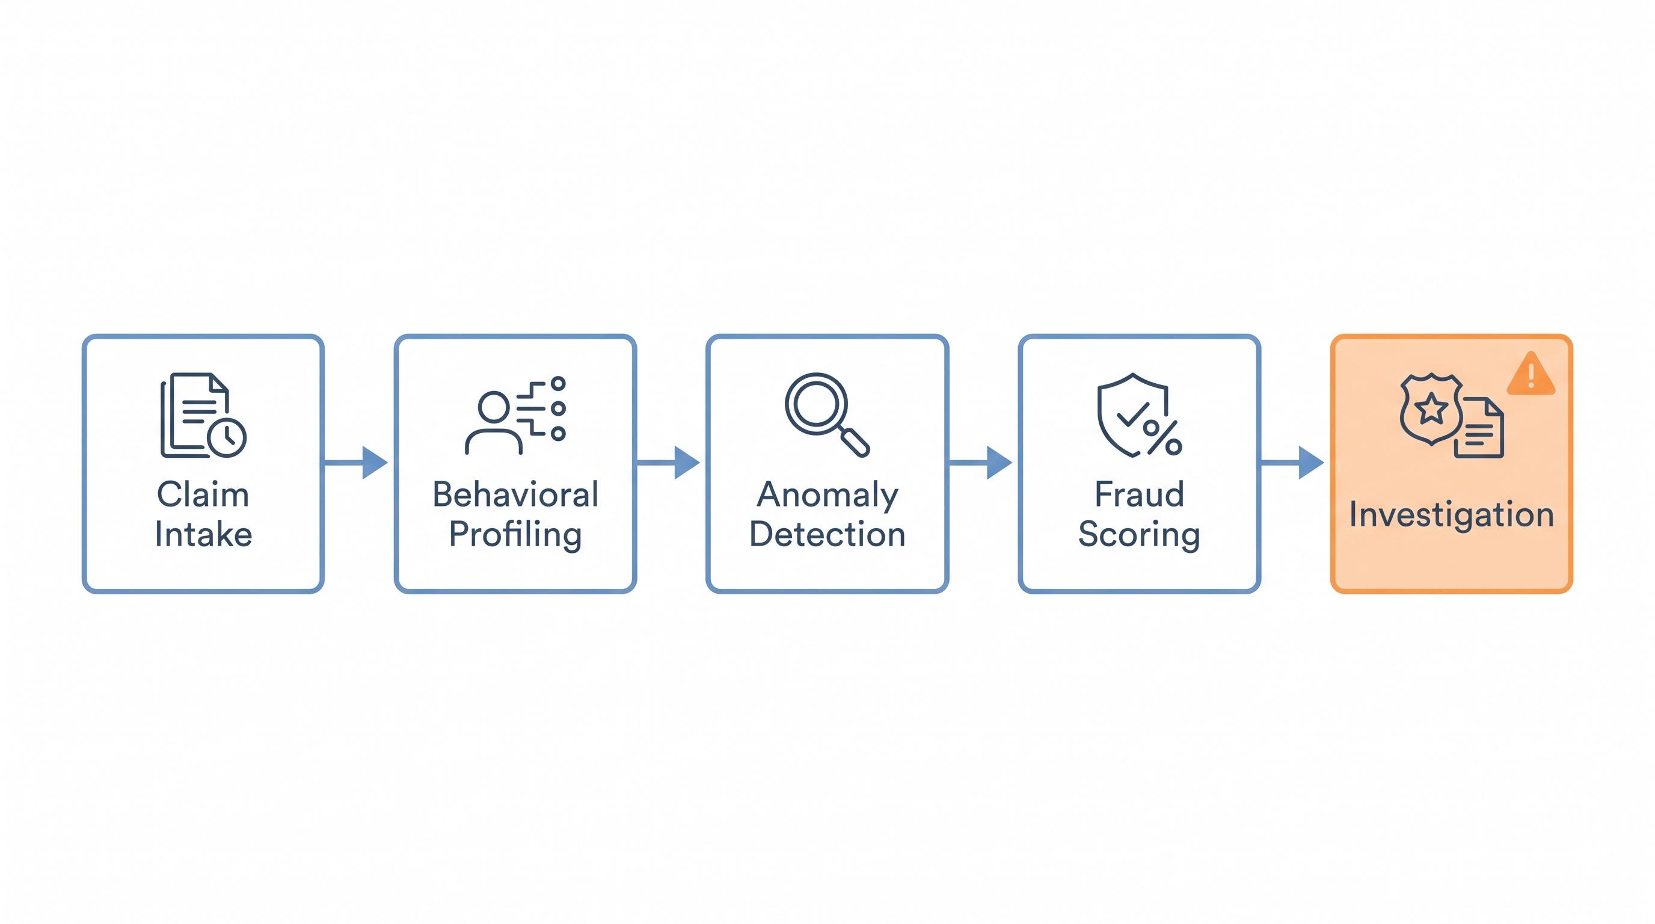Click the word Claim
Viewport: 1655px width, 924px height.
pos(203,494)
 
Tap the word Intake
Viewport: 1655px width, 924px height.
pos(203,534)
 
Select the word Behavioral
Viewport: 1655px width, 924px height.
pos(515,494)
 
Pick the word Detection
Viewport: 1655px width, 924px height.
pos(827,534)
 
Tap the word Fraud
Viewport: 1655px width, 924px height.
pos(1139,494)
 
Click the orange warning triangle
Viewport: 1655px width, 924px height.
pos(1531,374)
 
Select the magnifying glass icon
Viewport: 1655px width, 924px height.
pos(827,414)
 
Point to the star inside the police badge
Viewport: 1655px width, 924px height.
pos(1431,408)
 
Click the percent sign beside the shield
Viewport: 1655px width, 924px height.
pos(1163,437)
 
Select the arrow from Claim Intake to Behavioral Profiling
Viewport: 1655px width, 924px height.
pos(355,462)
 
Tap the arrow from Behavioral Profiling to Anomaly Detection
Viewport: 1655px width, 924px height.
pos(668,462)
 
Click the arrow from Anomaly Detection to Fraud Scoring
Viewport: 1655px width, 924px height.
pos(980,462)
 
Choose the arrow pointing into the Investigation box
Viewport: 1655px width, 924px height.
pos(1292,462)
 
